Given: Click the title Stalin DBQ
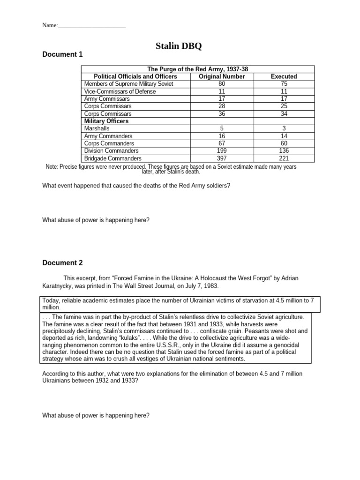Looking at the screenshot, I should (180, 46).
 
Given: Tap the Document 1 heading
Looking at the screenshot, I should (62, 54).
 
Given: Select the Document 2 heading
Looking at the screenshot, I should (62, 263).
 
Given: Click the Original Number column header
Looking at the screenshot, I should (222, 76).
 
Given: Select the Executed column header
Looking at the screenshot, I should (284, 76).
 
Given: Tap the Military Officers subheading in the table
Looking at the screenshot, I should (106, 121).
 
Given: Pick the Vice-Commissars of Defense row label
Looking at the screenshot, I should (120, 91).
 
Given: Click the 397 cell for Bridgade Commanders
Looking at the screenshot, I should (222, 158).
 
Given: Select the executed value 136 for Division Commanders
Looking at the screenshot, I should (284, 151).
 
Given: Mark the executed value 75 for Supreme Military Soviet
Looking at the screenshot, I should (284, 84).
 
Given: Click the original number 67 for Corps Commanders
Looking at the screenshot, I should (222, 143).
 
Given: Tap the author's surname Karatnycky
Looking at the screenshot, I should (60, 285).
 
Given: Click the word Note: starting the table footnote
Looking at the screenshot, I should (52, 167).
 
